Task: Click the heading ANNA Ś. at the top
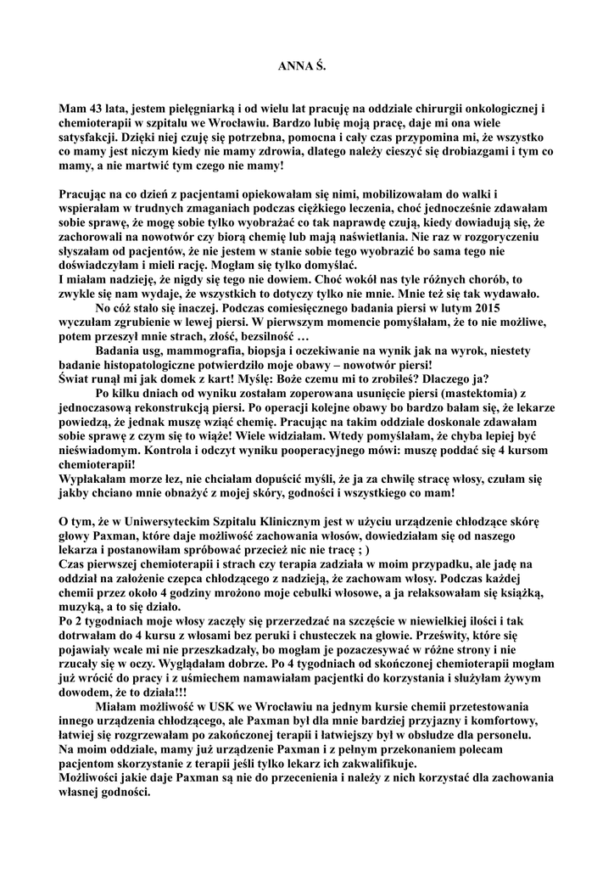click(302, 64)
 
